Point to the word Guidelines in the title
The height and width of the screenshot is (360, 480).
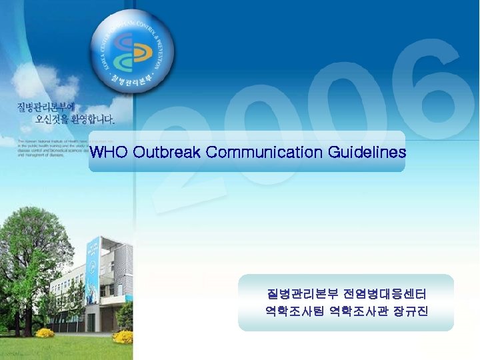click(367, 153)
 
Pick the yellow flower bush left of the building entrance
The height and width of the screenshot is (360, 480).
click(45, 332)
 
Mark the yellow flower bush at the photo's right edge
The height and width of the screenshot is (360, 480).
click(123, 336)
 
